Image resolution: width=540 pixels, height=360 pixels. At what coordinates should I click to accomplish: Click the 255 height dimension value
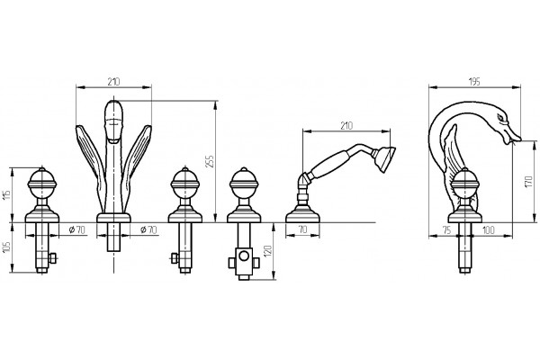211,162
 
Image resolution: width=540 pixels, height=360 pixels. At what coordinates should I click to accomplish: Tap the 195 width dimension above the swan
474,82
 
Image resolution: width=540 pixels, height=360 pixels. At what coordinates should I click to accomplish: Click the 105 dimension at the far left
7,247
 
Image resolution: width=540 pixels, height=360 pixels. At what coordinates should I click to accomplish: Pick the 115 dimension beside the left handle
7,195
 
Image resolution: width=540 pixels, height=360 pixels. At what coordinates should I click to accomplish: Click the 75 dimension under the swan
447,230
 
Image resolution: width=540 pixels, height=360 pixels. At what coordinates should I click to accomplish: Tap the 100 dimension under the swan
489,230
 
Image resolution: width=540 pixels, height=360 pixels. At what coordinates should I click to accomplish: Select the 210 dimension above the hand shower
346,126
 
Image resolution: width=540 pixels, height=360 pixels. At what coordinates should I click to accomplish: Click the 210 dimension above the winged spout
113,82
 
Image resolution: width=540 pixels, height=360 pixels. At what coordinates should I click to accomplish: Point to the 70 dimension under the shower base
302,229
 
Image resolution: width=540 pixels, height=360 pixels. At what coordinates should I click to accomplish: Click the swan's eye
500,118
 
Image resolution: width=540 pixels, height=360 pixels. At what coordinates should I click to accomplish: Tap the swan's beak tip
520,139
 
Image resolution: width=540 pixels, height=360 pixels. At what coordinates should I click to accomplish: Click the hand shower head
386,158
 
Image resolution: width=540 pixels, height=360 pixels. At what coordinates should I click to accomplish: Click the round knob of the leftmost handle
42,182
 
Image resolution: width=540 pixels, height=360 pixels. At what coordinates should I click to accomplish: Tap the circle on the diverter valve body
244,256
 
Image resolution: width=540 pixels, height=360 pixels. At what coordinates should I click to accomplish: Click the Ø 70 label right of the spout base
148,229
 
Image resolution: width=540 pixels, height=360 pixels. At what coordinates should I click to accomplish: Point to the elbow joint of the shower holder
302,179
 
